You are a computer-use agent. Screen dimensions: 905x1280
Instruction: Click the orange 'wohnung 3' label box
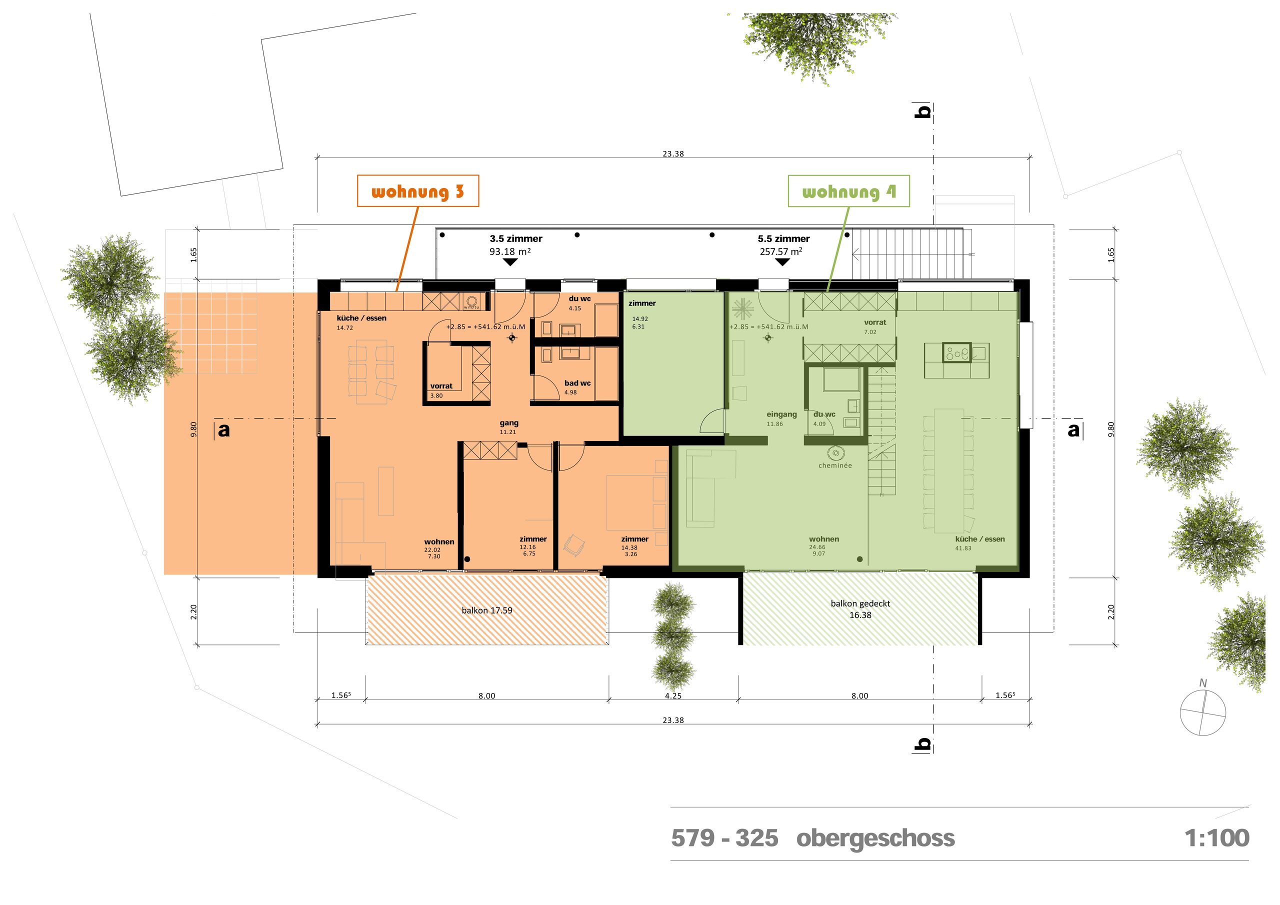417,191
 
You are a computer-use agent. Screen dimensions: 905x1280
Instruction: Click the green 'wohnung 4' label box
848,191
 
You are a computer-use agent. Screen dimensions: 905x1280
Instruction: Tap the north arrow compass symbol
1202,712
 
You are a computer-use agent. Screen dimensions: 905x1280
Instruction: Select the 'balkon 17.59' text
486,610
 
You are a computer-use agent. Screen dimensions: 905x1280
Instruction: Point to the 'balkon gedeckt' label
859,604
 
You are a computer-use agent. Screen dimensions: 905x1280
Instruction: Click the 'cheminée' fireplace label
834,465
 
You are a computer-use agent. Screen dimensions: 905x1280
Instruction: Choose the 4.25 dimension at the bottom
673,696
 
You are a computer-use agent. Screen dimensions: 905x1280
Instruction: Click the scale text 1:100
1216,838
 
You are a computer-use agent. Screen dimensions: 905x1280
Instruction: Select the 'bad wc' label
577,383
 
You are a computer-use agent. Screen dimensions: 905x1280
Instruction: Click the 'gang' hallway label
508,423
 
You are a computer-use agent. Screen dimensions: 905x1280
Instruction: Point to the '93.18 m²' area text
509,251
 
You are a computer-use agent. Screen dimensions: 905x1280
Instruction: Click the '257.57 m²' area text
780,251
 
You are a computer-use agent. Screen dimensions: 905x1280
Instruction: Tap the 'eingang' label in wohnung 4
781,414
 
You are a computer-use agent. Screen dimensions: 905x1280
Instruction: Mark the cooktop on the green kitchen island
956,353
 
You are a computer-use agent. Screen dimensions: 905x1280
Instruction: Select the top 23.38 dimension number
673,154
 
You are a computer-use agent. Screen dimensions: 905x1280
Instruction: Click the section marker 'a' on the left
223,430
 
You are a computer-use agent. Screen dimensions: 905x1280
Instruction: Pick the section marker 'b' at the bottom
922,743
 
